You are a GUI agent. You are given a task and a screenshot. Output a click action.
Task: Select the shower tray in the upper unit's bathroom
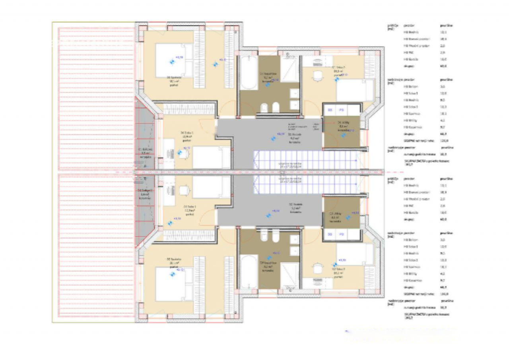click(289, 68)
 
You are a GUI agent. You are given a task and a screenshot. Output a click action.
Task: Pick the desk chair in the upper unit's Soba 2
click(317, 76)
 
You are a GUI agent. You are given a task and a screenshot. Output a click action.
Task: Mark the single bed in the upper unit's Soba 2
click(355, 90)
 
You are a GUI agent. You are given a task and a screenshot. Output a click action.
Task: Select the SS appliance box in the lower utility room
click(330, 235)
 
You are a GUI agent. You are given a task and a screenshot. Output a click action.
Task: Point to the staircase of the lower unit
click(306, 185)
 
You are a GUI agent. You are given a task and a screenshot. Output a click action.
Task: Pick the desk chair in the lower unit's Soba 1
click(184, 191)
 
